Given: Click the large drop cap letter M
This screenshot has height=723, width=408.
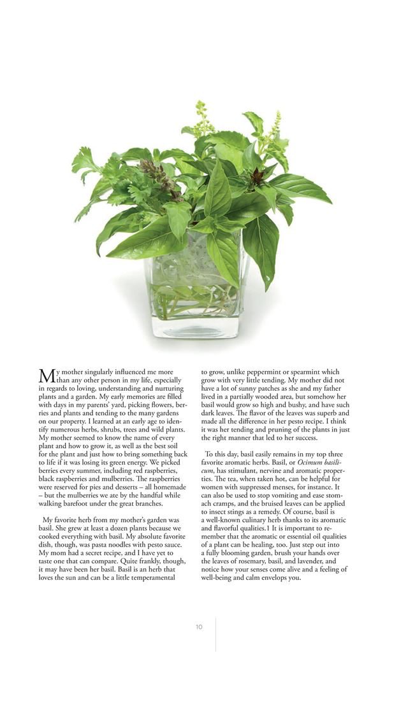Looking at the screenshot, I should coord(47,376).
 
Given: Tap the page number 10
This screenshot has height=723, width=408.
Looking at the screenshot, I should coord(199,627).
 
